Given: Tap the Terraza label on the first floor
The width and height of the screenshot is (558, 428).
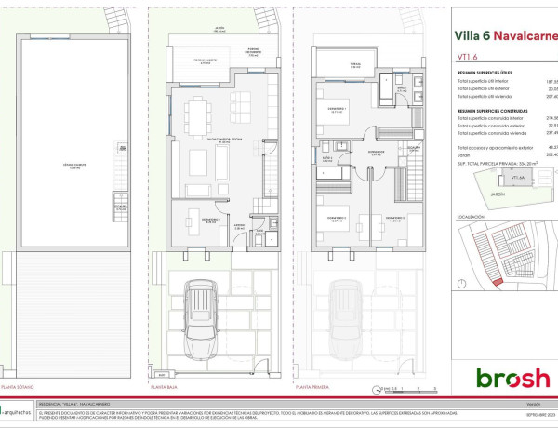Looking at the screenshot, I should (x=354, y=66).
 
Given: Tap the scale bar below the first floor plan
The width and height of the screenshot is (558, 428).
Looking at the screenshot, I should (x=407, y=385).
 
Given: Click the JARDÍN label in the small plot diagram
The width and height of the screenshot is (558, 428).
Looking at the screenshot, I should (x=498, y=194).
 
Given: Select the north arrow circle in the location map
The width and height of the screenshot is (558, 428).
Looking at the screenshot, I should (x=462, y=283).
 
